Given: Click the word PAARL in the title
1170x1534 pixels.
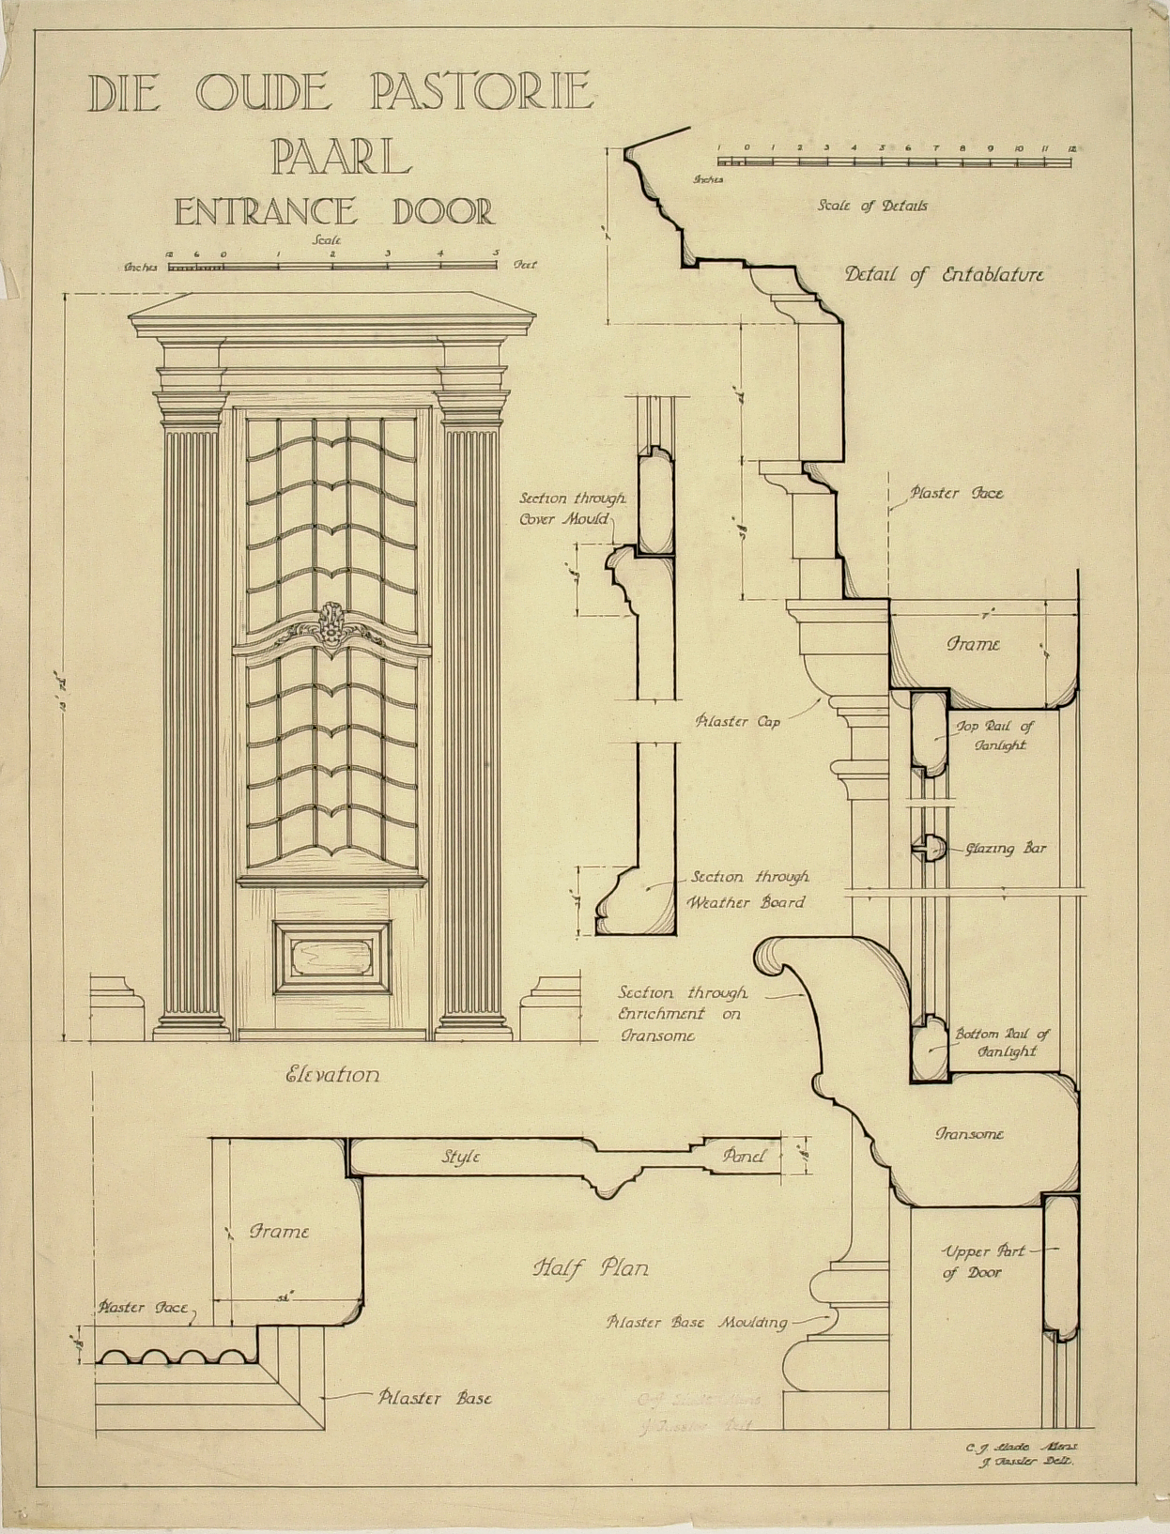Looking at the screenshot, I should coord(341,157).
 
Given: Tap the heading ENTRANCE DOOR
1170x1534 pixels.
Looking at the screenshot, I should coord(333,210).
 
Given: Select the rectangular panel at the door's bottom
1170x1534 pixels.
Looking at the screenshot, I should coord(332,957).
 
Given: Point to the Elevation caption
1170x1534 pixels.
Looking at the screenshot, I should coord(332,1075).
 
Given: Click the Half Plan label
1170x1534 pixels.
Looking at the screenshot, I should coord(591,1268).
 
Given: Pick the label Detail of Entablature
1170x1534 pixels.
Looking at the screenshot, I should coord(944,275).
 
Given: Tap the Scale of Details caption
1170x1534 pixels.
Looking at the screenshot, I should coord(872,206).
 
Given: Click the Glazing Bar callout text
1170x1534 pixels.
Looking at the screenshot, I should coord(1006,849).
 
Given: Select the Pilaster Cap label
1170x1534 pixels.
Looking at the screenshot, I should coord(738,722).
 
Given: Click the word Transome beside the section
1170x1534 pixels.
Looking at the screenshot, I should coord(969,1134).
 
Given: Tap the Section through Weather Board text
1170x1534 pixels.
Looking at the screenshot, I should coord(748,890).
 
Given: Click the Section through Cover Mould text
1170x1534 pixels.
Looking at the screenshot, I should coord(573,509).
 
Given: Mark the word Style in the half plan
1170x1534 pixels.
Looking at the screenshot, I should coord(461,1158).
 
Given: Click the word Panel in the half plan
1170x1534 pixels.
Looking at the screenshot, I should coord(745,1157).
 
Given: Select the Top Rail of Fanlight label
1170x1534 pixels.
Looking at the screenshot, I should coord(995,735).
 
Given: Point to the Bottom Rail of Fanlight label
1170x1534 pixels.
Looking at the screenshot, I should coord(1002,1042).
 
